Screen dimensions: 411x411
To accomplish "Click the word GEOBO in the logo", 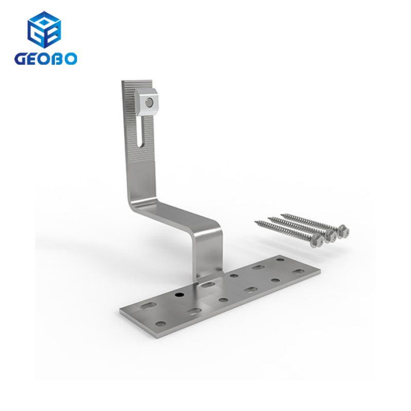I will [46, 58].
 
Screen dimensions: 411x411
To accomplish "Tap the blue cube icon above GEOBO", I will [44, 30].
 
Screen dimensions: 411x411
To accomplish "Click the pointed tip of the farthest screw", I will [282, 212].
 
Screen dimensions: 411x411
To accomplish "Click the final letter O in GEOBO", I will [71, 58].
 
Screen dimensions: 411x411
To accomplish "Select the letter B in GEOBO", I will [58, 58].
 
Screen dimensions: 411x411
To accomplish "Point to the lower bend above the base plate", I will [211, 231].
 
